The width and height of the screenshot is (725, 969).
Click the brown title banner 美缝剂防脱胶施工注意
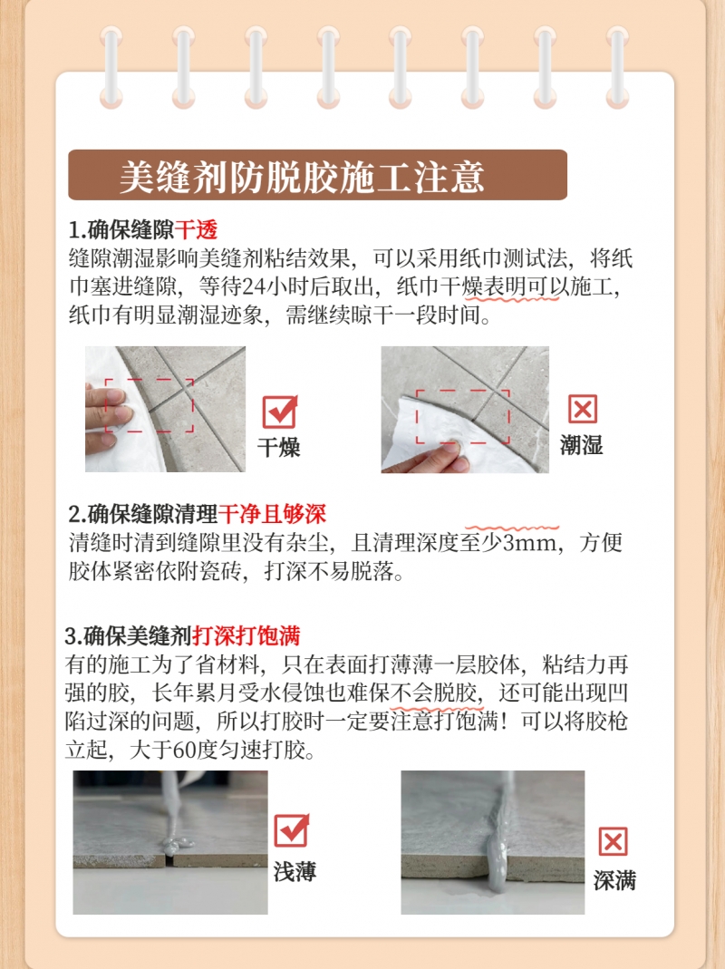pyautogui.click(x=317, y=175)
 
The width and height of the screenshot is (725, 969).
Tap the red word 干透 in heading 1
pyautogui.click(x=196, y=230)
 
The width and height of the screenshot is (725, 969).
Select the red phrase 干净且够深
pyautogui.click(x=272, y=514)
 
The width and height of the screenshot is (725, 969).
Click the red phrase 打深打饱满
pyautogui.click(x=246, y=635)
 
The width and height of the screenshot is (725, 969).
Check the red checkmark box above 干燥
pyautogui.click(x=280, y=412)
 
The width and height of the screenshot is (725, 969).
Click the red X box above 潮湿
pyautogui.click(x=582, y=409)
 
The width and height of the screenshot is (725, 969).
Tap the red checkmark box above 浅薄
pyautogui.click(x=291, y=829)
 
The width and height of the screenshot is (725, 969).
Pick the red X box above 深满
pyautogui.click(x=613, y=841)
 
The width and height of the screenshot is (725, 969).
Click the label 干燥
pyautogui.click(x=279, y=447)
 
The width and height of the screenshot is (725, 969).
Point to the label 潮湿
pyautogui.click(x=581, y=445)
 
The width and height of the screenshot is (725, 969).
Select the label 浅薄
pyautogui.click(x=295, y=872)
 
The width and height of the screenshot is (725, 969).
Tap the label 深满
pyautogui.click(x=614, y=881)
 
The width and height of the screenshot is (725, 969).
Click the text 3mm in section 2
pyautogui.click(x=529, y=543)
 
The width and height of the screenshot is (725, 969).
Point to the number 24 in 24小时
pyautogui.click(x=254, y=286)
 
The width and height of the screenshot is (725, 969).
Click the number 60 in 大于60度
pyautogui.click(x=184, y=750)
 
